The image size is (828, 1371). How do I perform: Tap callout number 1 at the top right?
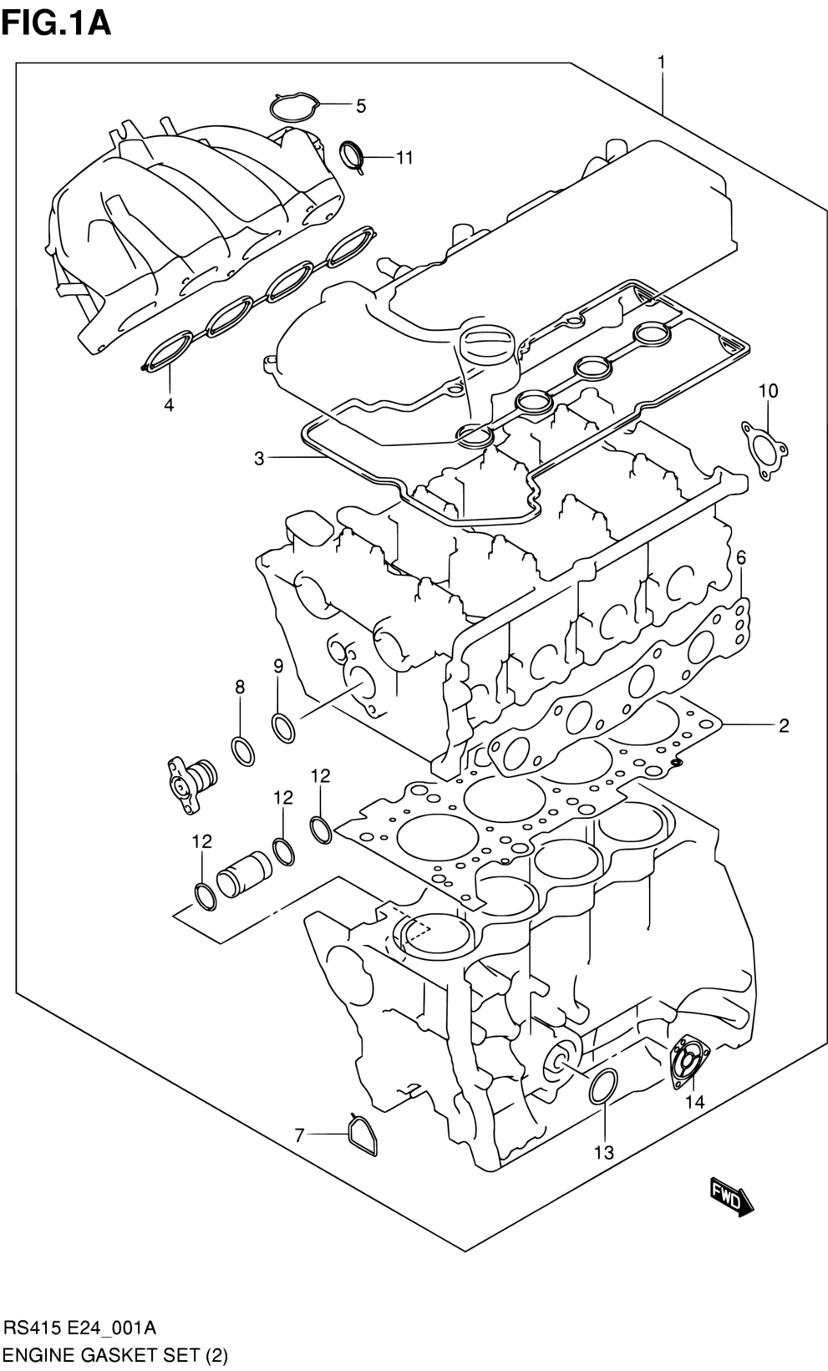pos(662,62)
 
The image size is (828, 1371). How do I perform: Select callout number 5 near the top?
pos(361,106)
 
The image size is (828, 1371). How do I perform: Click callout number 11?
pos(404,158)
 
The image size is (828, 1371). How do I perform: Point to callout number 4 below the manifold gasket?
pos(168,404)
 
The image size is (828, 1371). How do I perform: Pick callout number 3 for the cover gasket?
pos(259,458)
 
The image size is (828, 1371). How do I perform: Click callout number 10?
pos(769,390)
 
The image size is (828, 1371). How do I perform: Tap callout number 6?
pos(741,557)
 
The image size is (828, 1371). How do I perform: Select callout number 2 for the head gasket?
pos(784,726)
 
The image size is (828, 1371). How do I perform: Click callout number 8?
pos(240,688)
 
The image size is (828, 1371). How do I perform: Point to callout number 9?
pos(278,666)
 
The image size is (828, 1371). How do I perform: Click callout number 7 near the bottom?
pos(299,1136)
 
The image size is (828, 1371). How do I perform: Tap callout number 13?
pos(603,1153)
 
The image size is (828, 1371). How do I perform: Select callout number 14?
pos(695,1102)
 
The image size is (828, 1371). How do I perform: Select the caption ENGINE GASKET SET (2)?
pos(114,1355)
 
